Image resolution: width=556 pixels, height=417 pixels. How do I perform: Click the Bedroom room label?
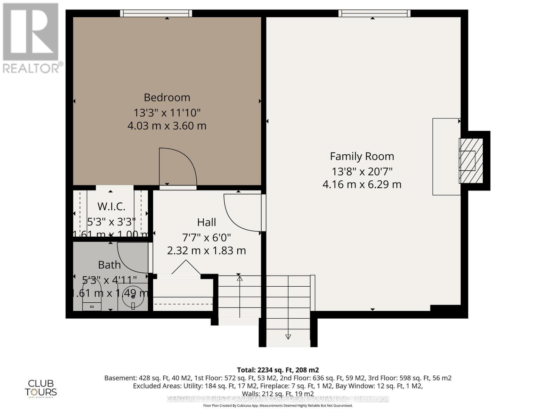pyautogui.click(x=167, y=97)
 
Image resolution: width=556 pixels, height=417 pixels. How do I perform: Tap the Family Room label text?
pyautogui.click(x=362, y=156)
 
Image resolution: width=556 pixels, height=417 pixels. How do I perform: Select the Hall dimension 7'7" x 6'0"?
pyautogui.click(x=206, y=238)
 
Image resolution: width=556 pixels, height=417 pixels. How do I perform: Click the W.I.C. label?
pyautogui.click(x=111, y=206)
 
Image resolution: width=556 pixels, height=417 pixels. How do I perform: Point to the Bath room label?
pyautogui.click(x=109, y=265)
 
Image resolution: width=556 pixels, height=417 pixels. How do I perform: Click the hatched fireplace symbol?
pyautogui.click(x=471, y=161)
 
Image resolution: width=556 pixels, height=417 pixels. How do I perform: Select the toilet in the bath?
pyautogui.click(x=92, y=295)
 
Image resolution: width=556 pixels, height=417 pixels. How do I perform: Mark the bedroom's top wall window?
pyautogui.click(x=156, y=13)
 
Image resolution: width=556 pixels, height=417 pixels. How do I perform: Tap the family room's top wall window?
pyautogui.click(x=374, y=13)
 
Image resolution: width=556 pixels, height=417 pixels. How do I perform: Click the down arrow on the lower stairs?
pyautogui.click(x=288, y=336)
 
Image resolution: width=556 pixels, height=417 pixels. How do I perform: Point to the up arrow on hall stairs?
pyautogui.click(x=239, y=278)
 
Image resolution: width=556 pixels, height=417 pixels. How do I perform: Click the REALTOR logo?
pyautogui.click(x=32, y=38)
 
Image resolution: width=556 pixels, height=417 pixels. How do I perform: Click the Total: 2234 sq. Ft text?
pyautogui.click(x=278, y=370)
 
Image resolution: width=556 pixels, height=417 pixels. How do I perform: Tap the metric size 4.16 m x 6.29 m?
pyautogui.click(x=362, y=185)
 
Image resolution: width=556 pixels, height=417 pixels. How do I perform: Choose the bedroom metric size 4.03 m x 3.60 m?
pyautogui.click(x=167, y=125)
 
